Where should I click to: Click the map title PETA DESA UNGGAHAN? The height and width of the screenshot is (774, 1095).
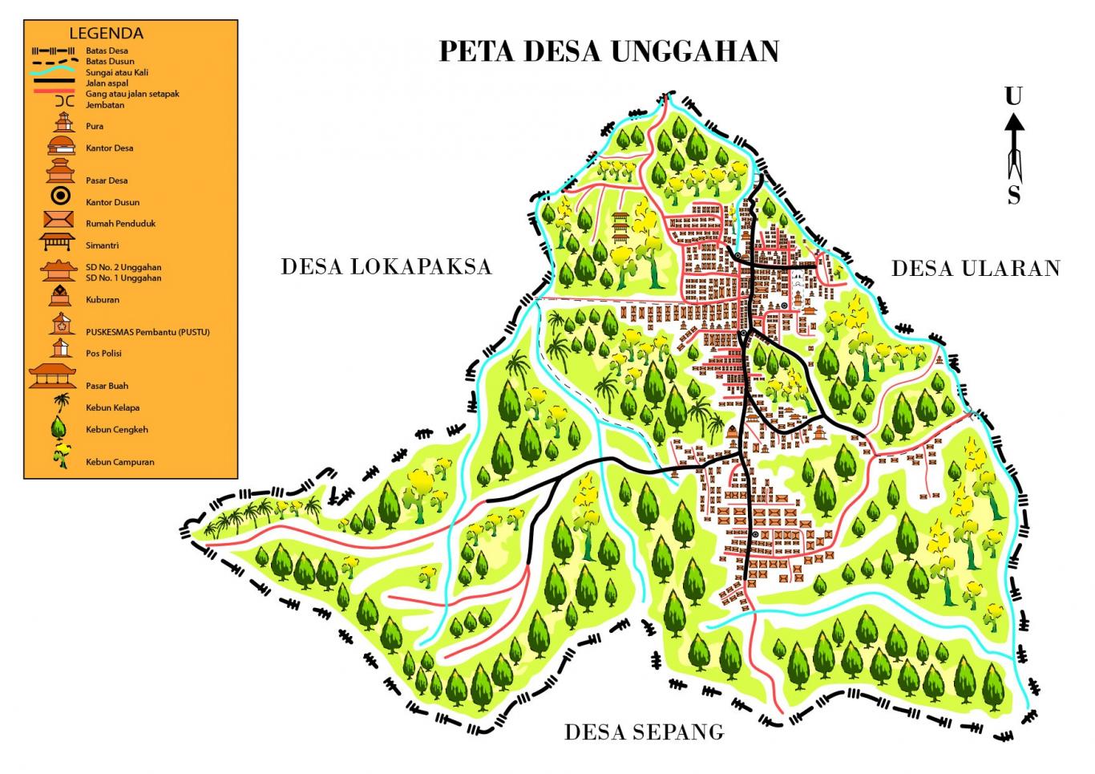(608, 51)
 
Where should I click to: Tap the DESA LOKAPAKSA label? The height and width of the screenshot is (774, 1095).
(386, 266)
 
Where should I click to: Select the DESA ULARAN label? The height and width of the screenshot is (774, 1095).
(976, 268)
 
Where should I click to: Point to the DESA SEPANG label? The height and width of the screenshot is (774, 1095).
(644, 731)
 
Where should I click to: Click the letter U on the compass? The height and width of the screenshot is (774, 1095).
(1013, 96)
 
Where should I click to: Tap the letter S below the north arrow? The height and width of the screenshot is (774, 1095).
(1014, 195)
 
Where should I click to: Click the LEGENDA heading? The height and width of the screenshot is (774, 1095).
(106, 34)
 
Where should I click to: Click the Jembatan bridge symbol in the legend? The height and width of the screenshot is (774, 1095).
(61, 103)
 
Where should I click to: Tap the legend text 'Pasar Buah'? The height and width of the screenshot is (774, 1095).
(107, 386)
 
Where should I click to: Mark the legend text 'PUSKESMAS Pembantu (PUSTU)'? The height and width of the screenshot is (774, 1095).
(147, 332)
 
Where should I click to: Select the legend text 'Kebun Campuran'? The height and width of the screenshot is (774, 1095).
(119, 462)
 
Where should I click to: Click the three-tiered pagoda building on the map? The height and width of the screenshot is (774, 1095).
(620, 227)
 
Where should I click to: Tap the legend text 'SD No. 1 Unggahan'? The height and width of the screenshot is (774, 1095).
(123, 278)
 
